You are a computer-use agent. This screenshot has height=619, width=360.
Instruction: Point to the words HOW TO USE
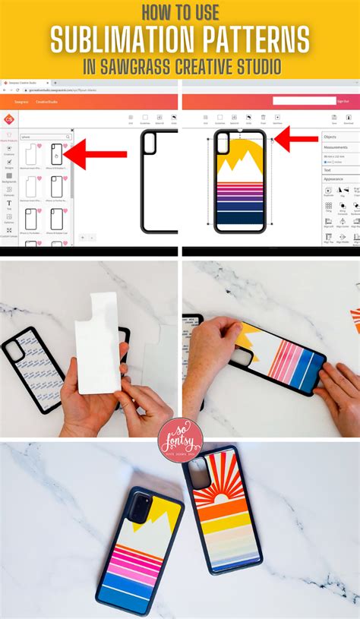[x=179, y=14]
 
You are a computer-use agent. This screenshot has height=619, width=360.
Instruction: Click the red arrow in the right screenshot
[x=296, y=139]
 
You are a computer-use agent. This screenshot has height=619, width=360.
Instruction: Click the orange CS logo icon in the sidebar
[x=8, y=119]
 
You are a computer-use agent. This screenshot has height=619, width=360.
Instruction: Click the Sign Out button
[x=343, y=101]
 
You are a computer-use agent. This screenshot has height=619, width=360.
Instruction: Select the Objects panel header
[x=331, y=137]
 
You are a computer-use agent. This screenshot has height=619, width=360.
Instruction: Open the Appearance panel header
[x=334, y=178]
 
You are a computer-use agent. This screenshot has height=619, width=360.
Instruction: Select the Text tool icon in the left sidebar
[x=9, y=203]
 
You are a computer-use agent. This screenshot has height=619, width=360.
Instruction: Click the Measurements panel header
[x=336, y=147]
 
